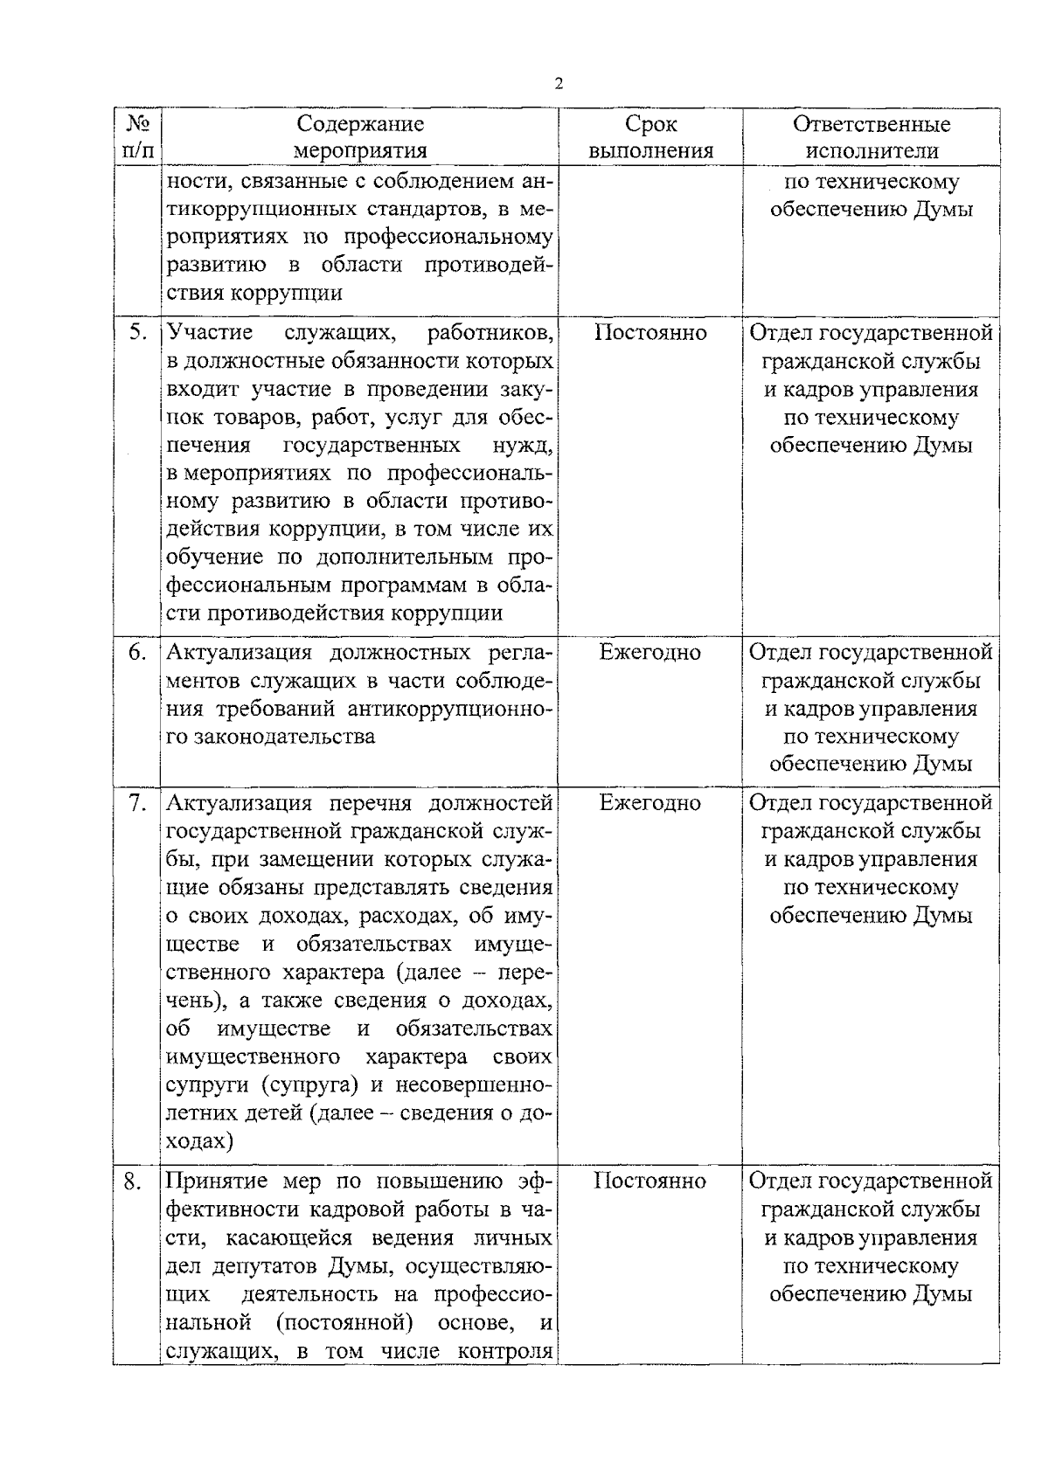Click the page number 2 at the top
pos(559,84)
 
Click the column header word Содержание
pos(360,124)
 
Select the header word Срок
pos(650,124)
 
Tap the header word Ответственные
pos(871,124)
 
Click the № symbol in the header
pos(136,123)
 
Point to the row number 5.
pos(136,333)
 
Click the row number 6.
pos(136,653)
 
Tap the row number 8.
pos(134,1182)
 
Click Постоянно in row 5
pos(650,333)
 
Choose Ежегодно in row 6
pos(650,653)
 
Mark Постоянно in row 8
pos(650,1181)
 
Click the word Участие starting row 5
pos(210,332)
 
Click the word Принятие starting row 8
pos(215,1182)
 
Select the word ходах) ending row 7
pos(199,1141)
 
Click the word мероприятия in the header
pos(359,151)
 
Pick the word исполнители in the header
pos(871,151)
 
